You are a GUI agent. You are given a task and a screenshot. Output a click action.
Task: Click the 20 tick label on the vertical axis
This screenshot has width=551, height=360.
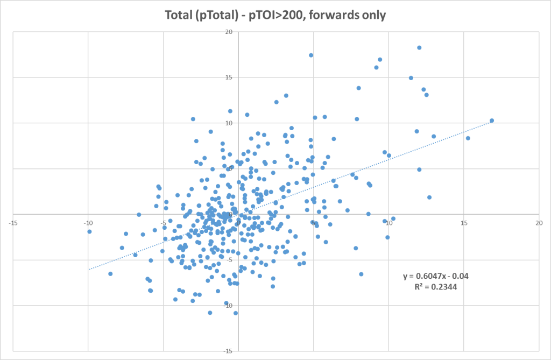coord(229,32)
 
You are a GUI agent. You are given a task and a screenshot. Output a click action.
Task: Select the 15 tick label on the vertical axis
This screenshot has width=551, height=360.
coord(229,77)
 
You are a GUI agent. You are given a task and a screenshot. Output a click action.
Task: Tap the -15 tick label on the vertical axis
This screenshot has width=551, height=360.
coord(228,351)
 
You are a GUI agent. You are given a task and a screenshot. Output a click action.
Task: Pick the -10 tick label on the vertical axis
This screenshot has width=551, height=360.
coord(228,306)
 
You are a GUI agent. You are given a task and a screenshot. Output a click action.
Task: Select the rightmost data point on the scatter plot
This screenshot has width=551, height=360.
coord(492,121)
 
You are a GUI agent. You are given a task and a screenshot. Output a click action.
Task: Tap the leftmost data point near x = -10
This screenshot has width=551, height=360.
coord(89,231)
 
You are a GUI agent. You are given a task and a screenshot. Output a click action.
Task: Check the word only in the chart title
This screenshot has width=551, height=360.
coord(374,16)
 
